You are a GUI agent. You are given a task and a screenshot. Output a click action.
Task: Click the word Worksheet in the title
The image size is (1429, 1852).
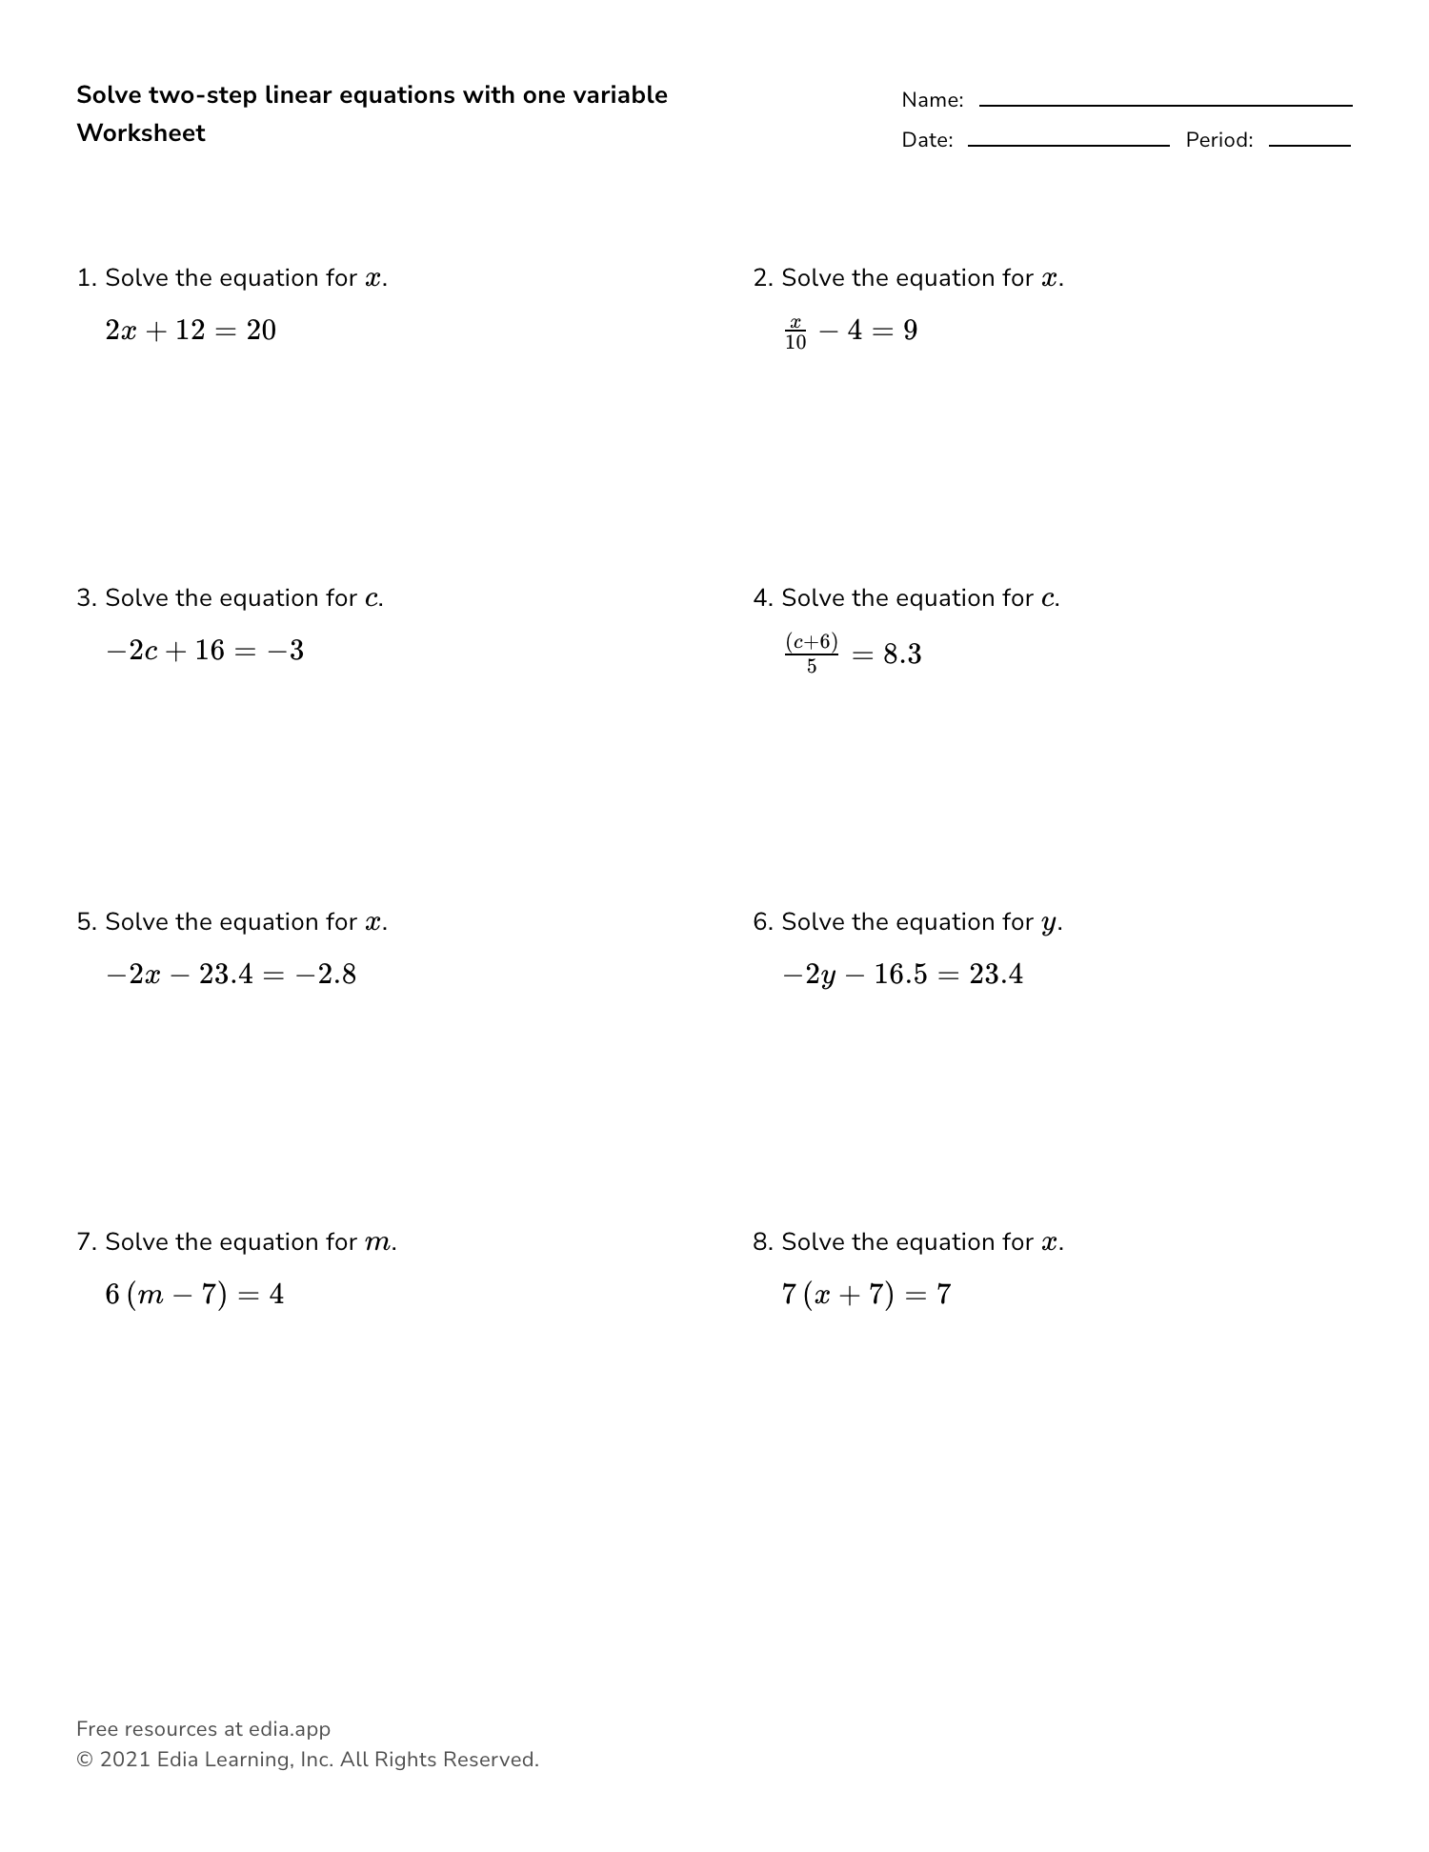[x=141, y=133]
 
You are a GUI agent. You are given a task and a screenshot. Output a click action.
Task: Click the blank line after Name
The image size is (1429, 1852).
[x=1165, y=105]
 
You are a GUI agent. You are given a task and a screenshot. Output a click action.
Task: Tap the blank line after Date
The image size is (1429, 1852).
[x=1068, y=145]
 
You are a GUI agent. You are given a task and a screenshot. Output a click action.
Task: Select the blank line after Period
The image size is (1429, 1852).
[x=1309, y=145]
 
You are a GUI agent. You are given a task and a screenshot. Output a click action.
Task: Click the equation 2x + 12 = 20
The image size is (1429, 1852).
[x=191, y=331]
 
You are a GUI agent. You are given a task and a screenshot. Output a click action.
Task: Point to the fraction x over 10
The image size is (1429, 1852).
[x=795, y=332]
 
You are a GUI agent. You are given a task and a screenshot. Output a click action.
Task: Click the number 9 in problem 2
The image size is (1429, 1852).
[x=910, y=331]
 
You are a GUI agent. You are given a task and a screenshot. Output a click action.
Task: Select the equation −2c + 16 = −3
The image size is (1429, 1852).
[x=205, y=651]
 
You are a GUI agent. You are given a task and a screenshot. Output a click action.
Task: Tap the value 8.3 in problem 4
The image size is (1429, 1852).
[x=901, y=654]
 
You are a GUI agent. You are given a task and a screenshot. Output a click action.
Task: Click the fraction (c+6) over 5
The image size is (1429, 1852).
[x=812, y=653]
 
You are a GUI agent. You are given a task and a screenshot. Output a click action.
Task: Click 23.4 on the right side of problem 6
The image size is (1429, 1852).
[x=996, y=975]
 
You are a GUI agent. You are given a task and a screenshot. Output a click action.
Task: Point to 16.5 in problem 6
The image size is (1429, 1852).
[x=899, y=975]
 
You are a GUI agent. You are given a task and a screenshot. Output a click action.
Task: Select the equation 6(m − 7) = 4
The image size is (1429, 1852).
[x=194, y=1295]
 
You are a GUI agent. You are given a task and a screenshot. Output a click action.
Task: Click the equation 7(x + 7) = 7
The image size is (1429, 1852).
[x=866, y=1295]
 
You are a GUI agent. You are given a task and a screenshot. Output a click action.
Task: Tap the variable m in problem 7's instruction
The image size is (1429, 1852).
[x=376, y=1243]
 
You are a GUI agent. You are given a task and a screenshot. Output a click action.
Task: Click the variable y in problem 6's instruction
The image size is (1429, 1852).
[x=1048, y=923]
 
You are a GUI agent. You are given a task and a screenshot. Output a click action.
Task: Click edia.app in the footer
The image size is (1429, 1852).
[x=289, y=1729]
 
